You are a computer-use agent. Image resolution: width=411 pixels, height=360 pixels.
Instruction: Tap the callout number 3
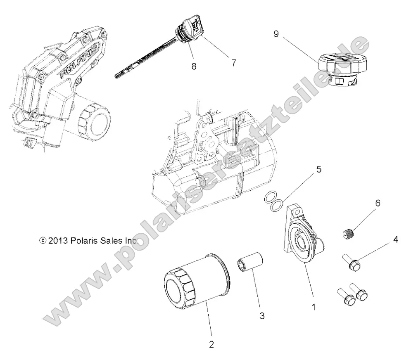[262, 316]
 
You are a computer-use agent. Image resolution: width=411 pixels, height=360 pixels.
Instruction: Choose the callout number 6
[378, 204]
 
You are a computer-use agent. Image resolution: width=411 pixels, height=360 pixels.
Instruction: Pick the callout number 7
[233, 63]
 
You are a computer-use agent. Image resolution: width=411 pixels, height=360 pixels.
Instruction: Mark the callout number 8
[194, 65]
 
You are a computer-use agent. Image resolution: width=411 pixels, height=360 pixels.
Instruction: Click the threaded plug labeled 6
[349, 234]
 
